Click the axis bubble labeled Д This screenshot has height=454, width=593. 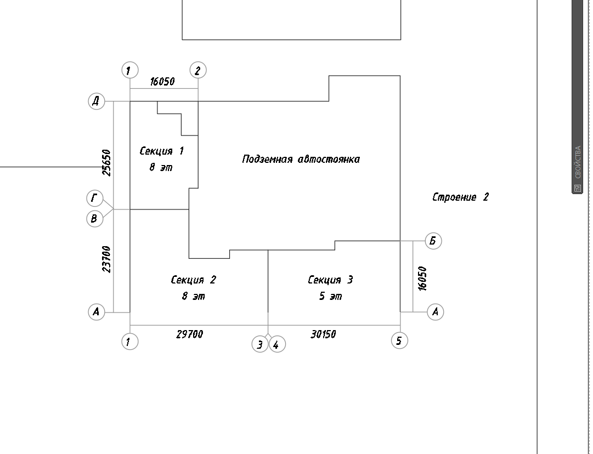coord(96,101)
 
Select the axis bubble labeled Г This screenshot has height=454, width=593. coord(94,197)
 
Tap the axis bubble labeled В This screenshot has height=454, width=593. coord(94,219)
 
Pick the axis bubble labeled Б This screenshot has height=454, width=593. coord(433,241)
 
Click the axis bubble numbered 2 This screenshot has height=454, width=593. coord(198,70)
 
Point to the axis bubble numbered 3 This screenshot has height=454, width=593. coord(260,345)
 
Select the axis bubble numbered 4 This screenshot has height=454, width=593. coord(277,345)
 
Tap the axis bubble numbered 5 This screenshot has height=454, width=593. coord(399,340)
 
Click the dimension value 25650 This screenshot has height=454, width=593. coord(107,162)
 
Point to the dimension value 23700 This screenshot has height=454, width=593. coord(107,259)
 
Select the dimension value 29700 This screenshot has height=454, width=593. coord(189,334)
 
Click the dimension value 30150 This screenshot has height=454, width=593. coord(323,334)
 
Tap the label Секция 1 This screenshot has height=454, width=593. coord(162,151)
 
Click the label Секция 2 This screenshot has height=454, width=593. coord(194,280)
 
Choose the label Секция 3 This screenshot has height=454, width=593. coord(330,280)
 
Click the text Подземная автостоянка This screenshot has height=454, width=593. coord(301,159)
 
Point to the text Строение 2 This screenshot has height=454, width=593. coord(460,197)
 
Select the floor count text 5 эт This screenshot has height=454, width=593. coord(330,297)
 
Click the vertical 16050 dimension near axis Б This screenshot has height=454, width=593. coord(421,278)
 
